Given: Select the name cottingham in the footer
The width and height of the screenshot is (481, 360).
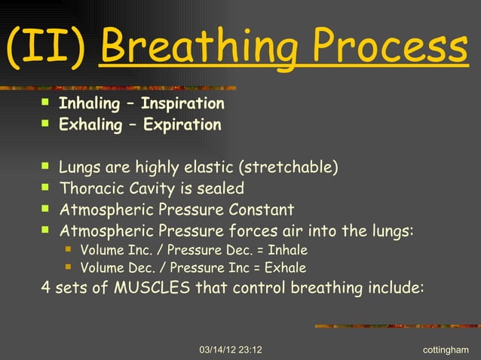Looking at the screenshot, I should [446, 350].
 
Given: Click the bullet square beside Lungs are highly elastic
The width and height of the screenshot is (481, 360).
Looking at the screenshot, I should [46, 165].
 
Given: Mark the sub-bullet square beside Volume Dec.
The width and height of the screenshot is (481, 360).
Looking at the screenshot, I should [69, 267].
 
